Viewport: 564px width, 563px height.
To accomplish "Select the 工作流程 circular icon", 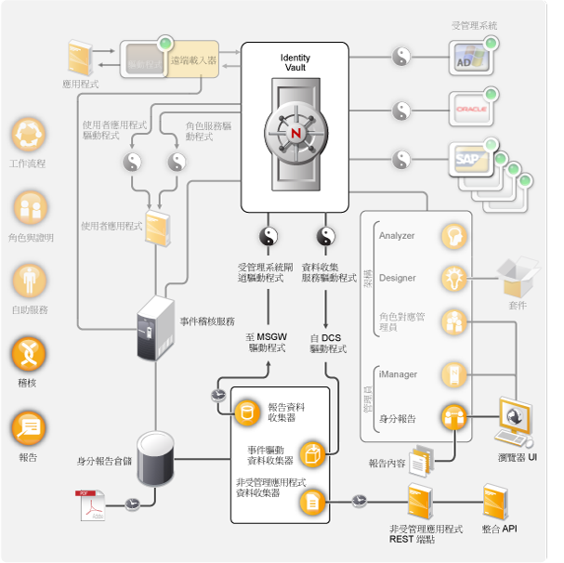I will click(x=28, y=136).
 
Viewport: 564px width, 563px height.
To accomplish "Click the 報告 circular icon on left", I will click(x=28, y=427).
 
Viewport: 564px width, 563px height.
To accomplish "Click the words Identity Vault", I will click(x=295, y=63).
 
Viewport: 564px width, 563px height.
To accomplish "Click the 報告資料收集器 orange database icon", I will click(x=247, y=412).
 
